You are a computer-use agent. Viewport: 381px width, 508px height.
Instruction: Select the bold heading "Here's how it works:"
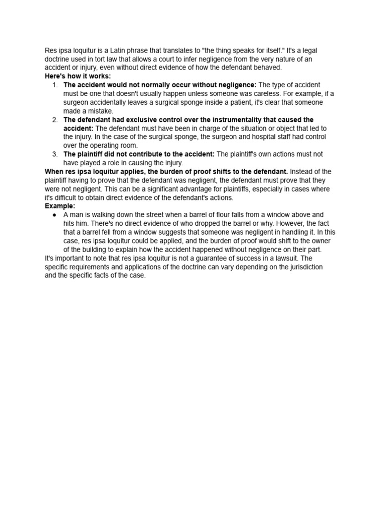pyautogui.click(x=78, y=76)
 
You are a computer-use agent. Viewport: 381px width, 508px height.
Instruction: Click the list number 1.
pyautogui.click(x=55, y=85)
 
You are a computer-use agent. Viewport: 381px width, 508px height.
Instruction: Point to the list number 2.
pyautogui.click(x=55, y=120)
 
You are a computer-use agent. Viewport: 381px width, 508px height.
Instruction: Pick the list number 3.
pyautogui.click(x=55, y=154)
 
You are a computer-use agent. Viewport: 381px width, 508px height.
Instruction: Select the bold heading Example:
pyautogui.click(x=60, y=206)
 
